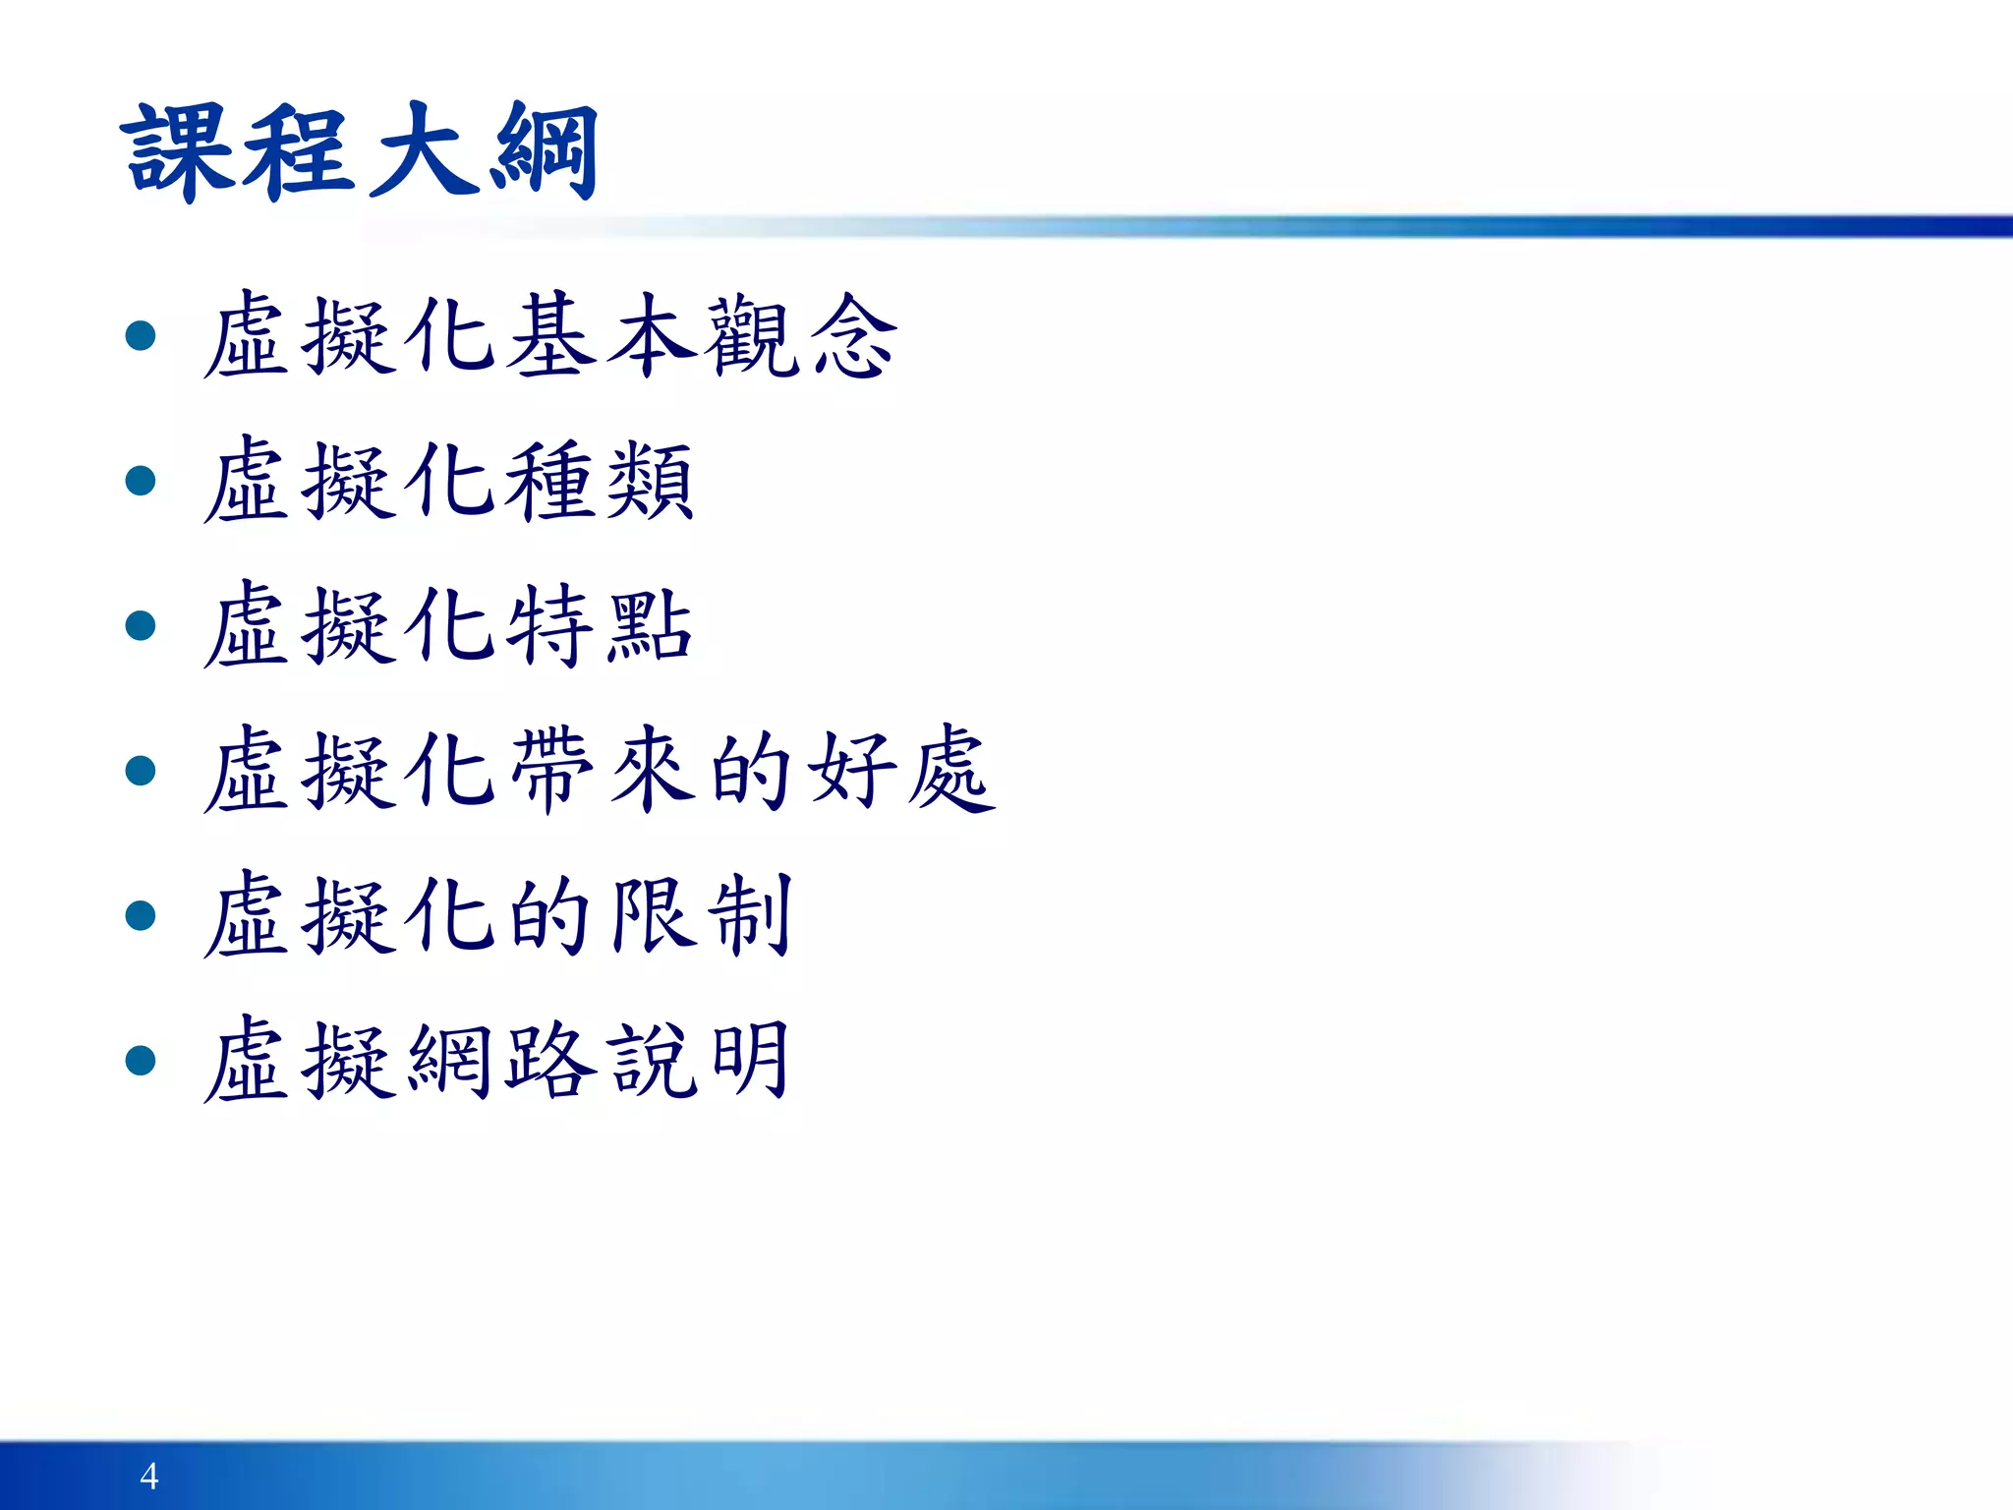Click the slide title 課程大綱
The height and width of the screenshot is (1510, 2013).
tap(360, 152)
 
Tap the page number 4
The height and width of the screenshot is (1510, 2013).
tap(149, 1476)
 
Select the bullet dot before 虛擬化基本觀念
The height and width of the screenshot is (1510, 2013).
tap(142, 336)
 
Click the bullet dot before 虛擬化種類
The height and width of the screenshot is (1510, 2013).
tap(142, 481)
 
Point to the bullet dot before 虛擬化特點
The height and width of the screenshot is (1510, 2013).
tap(142, 625)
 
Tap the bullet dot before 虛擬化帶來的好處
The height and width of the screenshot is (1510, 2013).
tap(142, 770)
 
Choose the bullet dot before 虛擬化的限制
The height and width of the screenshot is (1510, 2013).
tap(142, 915)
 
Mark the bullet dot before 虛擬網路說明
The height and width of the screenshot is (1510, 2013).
tap(142, 1060)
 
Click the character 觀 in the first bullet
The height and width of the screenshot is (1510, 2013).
tap(753, 337)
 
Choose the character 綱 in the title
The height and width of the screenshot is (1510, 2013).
tap(546, 152)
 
